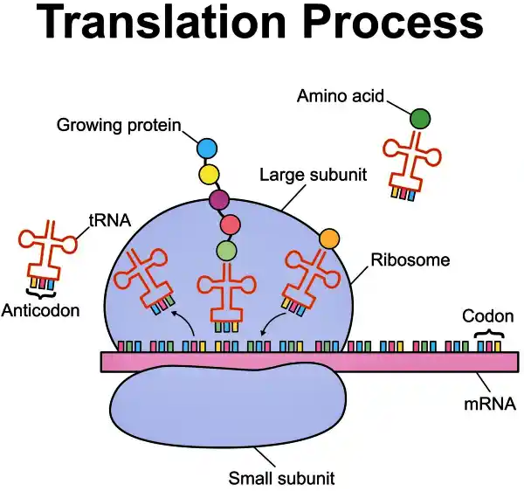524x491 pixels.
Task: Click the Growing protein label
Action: tap(119, 126)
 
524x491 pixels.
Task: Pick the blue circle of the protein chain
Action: tap(207, 149)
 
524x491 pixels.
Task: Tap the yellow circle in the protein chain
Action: tap(209, 175)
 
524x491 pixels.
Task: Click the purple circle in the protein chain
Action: tap(219, 201)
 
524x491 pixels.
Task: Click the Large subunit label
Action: tap(312, 174)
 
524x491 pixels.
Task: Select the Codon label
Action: tap(487, 316)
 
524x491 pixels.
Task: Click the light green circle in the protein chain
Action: tap(227, 252)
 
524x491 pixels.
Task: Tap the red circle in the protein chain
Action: tap(231, 226)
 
